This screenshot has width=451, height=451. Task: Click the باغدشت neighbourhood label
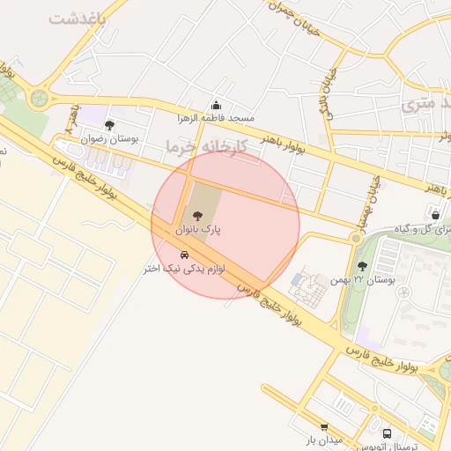77,18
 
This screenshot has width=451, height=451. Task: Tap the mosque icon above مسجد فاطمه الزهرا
217,106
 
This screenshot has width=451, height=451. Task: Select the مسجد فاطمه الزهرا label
217,118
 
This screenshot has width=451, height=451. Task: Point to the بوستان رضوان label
104,138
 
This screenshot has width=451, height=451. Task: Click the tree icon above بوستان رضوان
109,125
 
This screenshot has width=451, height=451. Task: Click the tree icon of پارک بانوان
196,216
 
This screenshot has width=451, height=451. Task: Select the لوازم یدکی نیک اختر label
187,268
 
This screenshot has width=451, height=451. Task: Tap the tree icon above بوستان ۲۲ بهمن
362,266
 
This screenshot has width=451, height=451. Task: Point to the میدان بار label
323,439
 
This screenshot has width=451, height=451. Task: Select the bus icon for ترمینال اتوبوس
387,433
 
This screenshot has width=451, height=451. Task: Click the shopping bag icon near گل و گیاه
435,213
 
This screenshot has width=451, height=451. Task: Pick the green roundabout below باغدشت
38,97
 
